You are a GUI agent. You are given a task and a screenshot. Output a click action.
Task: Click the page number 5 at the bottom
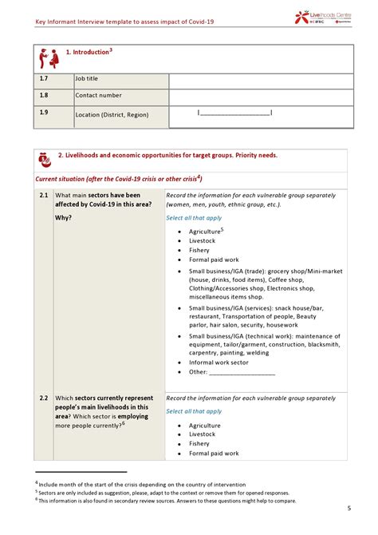tap(348, 509)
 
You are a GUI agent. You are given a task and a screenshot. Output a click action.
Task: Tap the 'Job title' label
tap(87, 79)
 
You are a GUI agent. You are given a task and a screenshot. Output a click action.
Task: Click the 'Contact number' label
tap(98, 96)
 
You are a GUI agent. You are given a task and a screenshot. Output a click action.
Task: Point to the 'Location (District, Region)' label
tap(112, 115)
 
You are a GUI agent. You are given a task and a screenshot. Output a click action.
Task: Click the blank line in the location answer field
tap(234, 113)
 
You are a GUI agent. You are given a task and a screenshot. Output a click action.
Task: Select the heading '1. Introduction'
tap(90, 53)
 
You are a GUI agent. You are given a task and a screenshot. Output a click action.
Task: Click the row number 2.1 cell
tap(44, 196)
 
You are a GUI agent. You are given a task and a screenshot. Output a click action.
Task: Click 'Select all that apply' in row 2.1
tap(194, 218)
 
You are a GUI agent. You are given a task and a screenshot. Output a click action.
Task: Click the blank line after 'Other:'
tap(242, 372)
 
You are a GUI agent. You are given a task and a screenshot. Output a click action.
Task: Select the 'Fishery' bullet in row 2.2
tap(199, 444)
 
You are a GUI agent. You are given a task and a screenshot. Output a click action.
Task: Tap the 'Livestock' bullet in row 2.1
tap(202, 240)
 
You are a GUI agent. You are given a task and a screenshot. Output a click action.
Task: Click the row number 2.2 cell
tap(44, 398)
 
